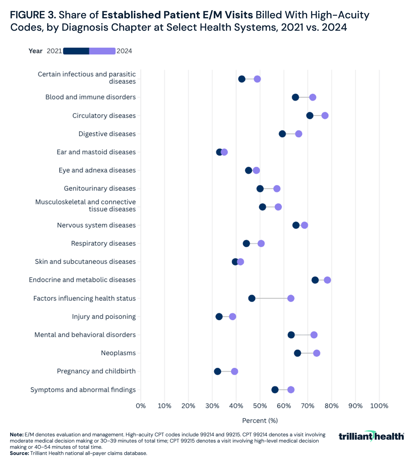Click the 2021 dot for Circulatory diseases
[310, 115]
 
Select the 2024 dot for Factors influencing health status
[290, 298]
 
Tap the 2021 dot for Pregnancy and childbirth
[217, 371]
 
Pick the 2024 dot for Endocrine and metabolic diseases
[327, 280]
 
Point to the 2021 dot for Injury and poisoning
[219, 316]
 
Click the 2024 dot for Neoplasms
[317, 353]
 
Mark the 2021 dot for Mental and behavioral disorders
[291, 335]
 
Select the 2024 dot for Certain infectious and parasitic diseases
[257, 79]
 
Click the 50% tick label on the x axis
[260, 406]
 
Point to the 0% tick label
[141, 406]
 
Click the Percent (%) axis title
[260, 420]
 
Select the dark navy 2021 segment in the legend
[76, 51]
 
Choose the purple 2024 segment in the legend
[102, 51]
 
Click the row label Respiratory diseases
[103, 243]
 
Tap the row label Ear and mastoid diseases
[96, 152]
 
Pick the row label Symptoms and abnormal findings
[83, 390]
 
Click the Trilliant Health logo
[371, 436]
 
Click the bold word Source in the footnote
[19, 453]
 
